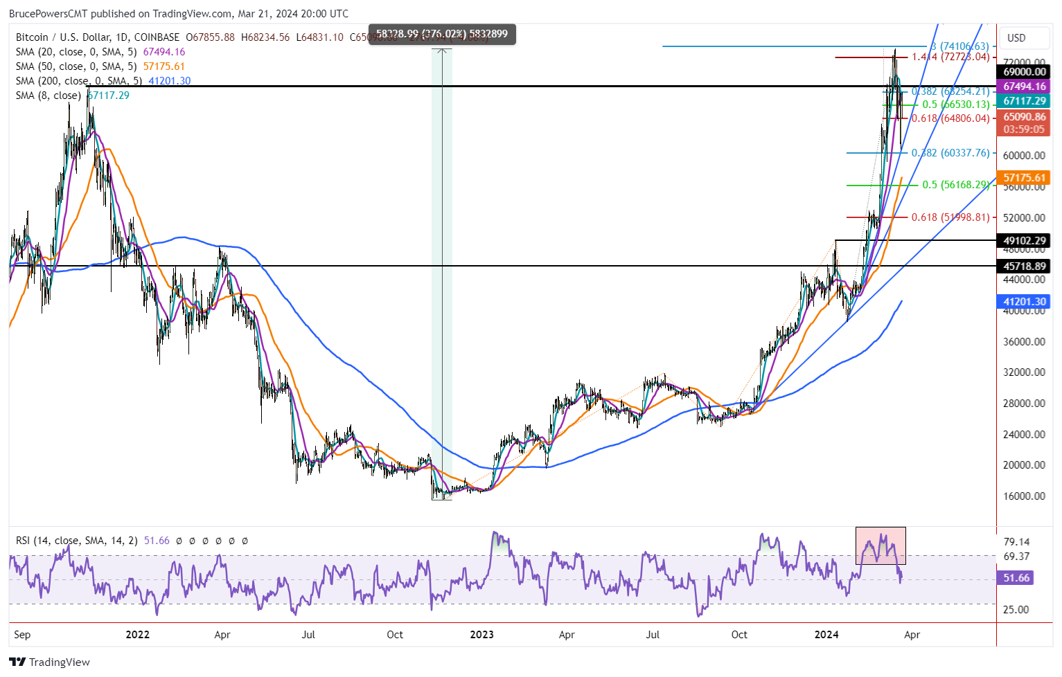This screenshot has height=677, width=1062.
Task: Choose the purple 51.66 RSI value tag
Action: click(1016, 577)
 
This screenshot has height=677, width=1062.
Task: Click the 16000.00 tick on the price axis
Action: click(1024, 496)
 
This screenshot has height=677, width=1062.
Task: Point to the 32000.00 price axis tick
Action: click(1024, 372)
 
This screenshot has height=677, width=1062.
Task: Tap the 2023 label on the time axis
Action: click(481, 635)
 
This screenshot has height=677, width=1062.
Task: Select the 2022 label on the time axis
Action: click(137, 635)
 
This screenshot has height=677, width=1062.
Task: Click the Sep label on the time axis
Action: click(22, 635)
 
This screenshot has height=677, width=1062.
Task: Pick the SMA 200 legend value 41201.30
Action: click(170, 81)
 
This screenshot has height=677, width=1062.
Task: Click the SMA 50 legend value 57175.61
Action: click(164, 66)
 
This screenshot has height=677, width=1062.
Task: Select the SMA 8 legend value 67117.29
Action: click(109, 96)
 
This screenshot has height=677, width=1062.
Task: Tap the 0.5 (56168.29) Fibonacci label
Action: click(955, 185)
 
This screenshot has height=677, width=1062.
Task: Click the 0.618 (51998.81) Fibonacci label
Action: click(950, 217)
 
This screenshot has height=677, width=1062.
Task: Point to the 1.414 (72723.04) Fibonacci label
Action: click(950, 57)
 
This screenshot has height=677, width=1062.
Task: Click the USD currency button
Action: click(1016, 38)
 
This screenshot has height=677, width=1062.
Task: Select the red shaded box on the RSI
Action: click(880, 545)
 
